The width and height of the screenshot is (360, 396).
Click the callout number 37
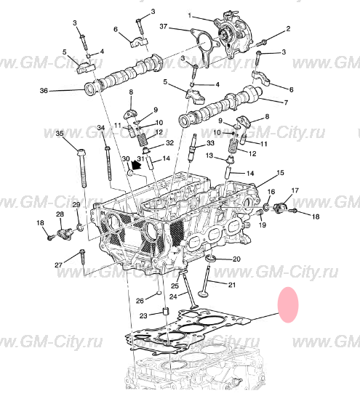164,26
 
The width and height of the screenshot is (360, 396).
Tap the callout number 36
44,90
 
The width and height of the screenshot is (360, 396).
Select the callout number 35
60,134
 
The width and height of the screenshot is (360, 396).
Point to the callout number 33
210,143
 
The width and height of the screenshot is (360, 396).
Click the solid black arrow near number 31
136,165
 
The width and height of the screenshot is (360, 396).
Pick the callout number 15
281,173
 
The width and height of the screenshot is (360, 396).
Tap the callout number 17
295,190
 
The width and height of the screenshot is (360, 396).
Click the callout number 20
236,259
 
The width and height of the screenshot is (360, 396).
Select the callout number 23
143,315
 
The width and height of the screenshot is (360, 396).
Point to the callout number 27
59,265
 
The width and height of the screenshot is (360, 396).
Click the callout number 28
60,214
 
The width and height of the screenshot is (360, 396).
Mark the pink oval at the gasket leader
288,304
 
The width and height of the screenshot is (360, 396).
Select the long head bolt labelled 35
82,168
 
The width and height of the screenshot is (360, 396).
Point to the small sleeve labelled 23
166,311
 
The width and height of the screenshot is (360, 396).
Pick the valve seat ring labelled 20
210,259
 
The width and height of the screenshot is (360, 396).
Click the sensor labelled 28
63,233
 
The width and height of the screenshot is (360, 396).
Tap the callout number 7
286,102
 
